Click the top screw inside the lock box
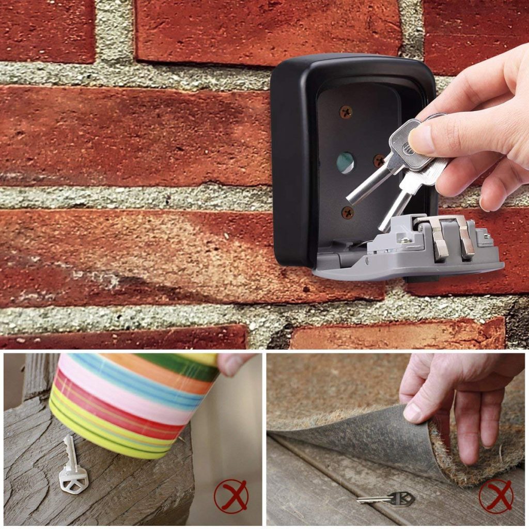(346, 111)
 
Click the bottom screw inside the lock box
(348, 211)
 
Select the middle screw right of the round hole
(379, 160)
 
